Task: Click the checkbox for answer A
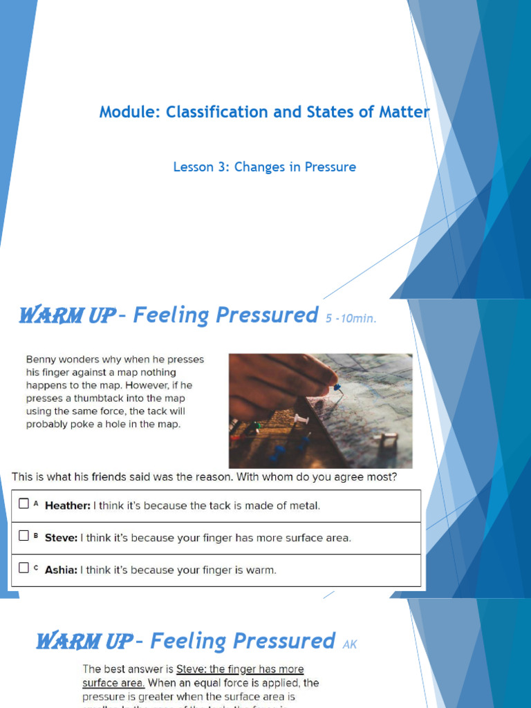[x=24, y=504]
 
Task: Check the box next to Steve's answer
[x=24, y=536]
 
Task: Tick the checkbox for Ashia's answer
[x=24, y=568]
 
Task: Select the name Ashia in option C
[x=62, y=570]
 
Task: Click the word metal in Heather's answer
[x=306, y=505]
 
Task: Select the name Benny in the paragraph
[x=41, y=360]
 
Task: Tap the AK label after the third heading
[x=350, y=644]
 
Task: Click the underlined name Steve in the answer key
[x=190, y=669]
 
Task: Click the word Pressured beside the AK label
[x=286, y=641]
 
